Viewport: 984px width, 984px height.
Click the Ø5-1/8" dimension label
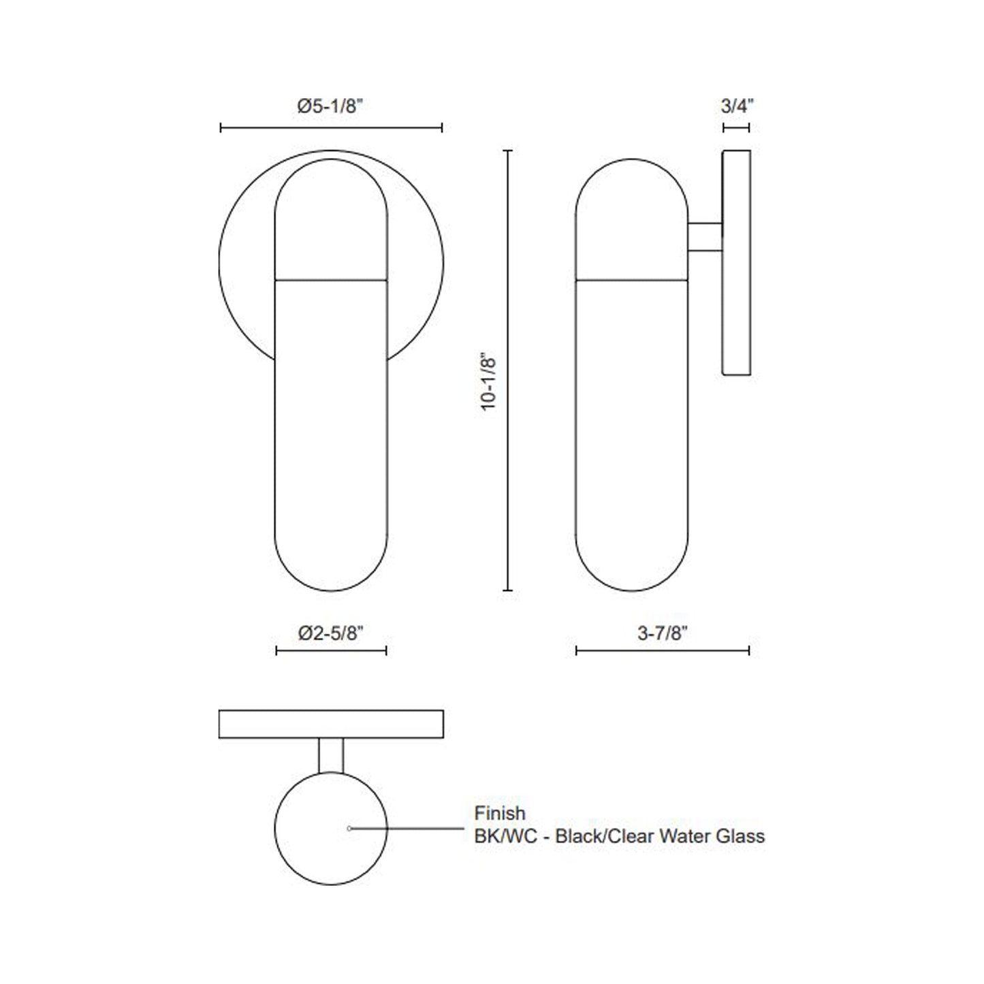[332, 106]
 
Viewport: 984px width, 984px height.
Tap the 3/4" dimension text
[736, 106]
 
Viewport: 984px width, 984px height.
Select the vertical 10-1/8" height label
[489, 381]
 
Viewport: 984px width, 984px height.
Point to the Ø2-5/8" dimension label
[331, 633]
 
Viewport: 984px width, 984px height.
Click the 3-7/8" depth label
[663, 633]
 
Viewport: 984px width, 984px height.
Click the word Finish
[500, 813]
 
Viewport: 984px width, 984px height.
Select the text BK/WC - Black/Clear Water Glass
[619, 836]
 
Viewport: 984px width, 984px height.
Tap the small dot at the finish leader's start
[349, 829]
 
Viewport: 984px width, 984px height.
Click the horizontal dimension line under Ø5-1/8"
[332, 127]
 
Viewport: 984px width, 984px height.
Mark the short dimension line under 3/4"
[736, 127]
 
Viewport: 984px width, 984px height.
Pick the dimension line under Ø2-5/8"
[331, 651]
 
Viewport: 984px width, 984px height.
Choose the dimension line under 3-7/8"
[663, 651]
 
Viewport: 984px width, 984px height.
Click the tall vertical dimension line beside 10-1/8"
[507, 370]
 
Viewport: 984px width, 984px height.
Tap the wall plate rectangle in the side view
[736, 263]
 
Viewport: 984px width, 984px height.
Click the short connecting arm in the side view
[705, 238]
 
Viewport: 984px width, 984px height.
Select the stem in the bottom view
[331, 755]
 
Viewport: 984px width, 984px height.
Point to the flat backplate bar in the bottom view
[331, 724]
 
